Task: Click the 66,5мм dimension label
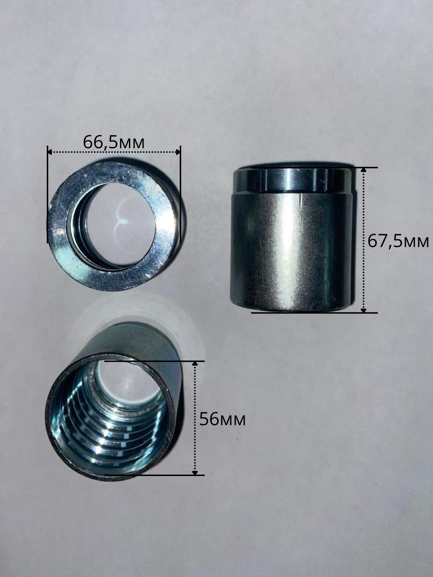click(114, 142)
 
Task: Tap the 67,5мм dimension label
click(398, 241)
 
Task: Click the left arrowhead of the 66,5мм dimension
click(50, 152)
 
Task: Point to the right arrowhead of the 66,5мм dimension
click(178, 152)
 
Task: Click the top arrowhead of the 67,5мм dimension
click(363, 170)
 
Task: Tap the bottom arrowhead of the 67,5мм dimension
click(363, 310)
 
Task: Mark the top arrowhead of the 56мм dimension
click(195, 364)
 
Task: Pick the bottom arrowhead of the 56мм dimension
click(195, 473)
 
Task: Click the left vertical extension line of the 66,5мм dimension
click(48, 194)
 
